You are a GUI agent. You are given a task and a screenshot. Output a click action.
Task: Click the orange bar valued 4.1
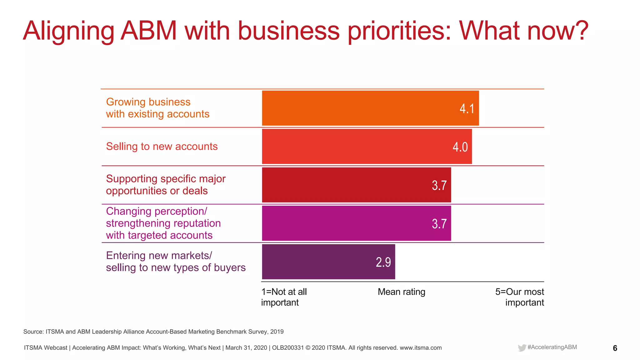tap(370, 108)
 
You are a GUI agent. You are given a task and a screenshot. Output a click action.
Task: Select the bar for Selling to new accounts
tap(367, 147)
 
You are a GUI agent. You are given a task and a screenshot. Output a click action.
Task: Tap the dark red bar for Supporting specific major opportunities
tap(356, 185)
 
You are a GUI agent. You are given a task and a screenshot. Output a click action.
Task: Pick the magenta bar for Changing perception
tap(356, 223)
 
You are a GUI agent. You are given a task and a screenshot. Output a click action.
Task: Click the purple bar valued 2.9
tap(328, 262)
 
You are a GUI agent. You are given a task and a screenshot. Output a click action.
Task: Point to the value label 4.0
tap(460, 147)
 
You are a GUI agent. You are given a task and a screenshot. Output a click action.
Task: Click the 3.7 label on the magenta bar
tap(439, 224)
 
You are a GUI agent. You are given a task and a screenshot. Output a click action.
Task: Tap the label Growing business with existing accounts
tap(157, 108)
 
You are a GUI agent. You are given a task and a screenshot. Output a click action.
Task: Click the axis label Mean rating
tap(401, 292)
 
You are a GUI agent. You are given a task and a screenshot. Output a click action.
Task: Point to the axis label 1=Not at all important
tap(284, 297)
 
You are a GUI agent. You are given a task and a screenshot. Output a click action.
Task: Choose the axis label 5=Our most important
tap(520, 297)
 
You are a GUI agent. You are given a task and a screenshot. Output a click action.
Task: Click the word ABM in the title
tap(149, 31)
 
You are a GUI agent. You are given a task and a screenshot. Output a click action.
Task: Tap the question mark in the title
tap(582, 31)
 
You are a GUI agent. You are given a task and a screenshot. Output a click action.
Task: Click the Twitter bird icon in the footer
tap(522, 348)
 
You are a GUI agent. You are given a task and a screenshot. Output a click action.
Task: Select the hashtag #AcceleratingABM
tap(552, 347)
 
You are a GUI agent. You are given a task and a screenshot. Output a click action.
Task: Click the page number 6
tap(615, 348)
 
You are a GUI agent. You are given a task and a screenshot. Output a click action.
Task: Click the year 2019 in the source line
tap(277, 332)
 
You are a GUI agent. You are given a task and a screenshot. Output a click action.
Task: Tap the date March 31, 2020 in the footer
tap(246, 348)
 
